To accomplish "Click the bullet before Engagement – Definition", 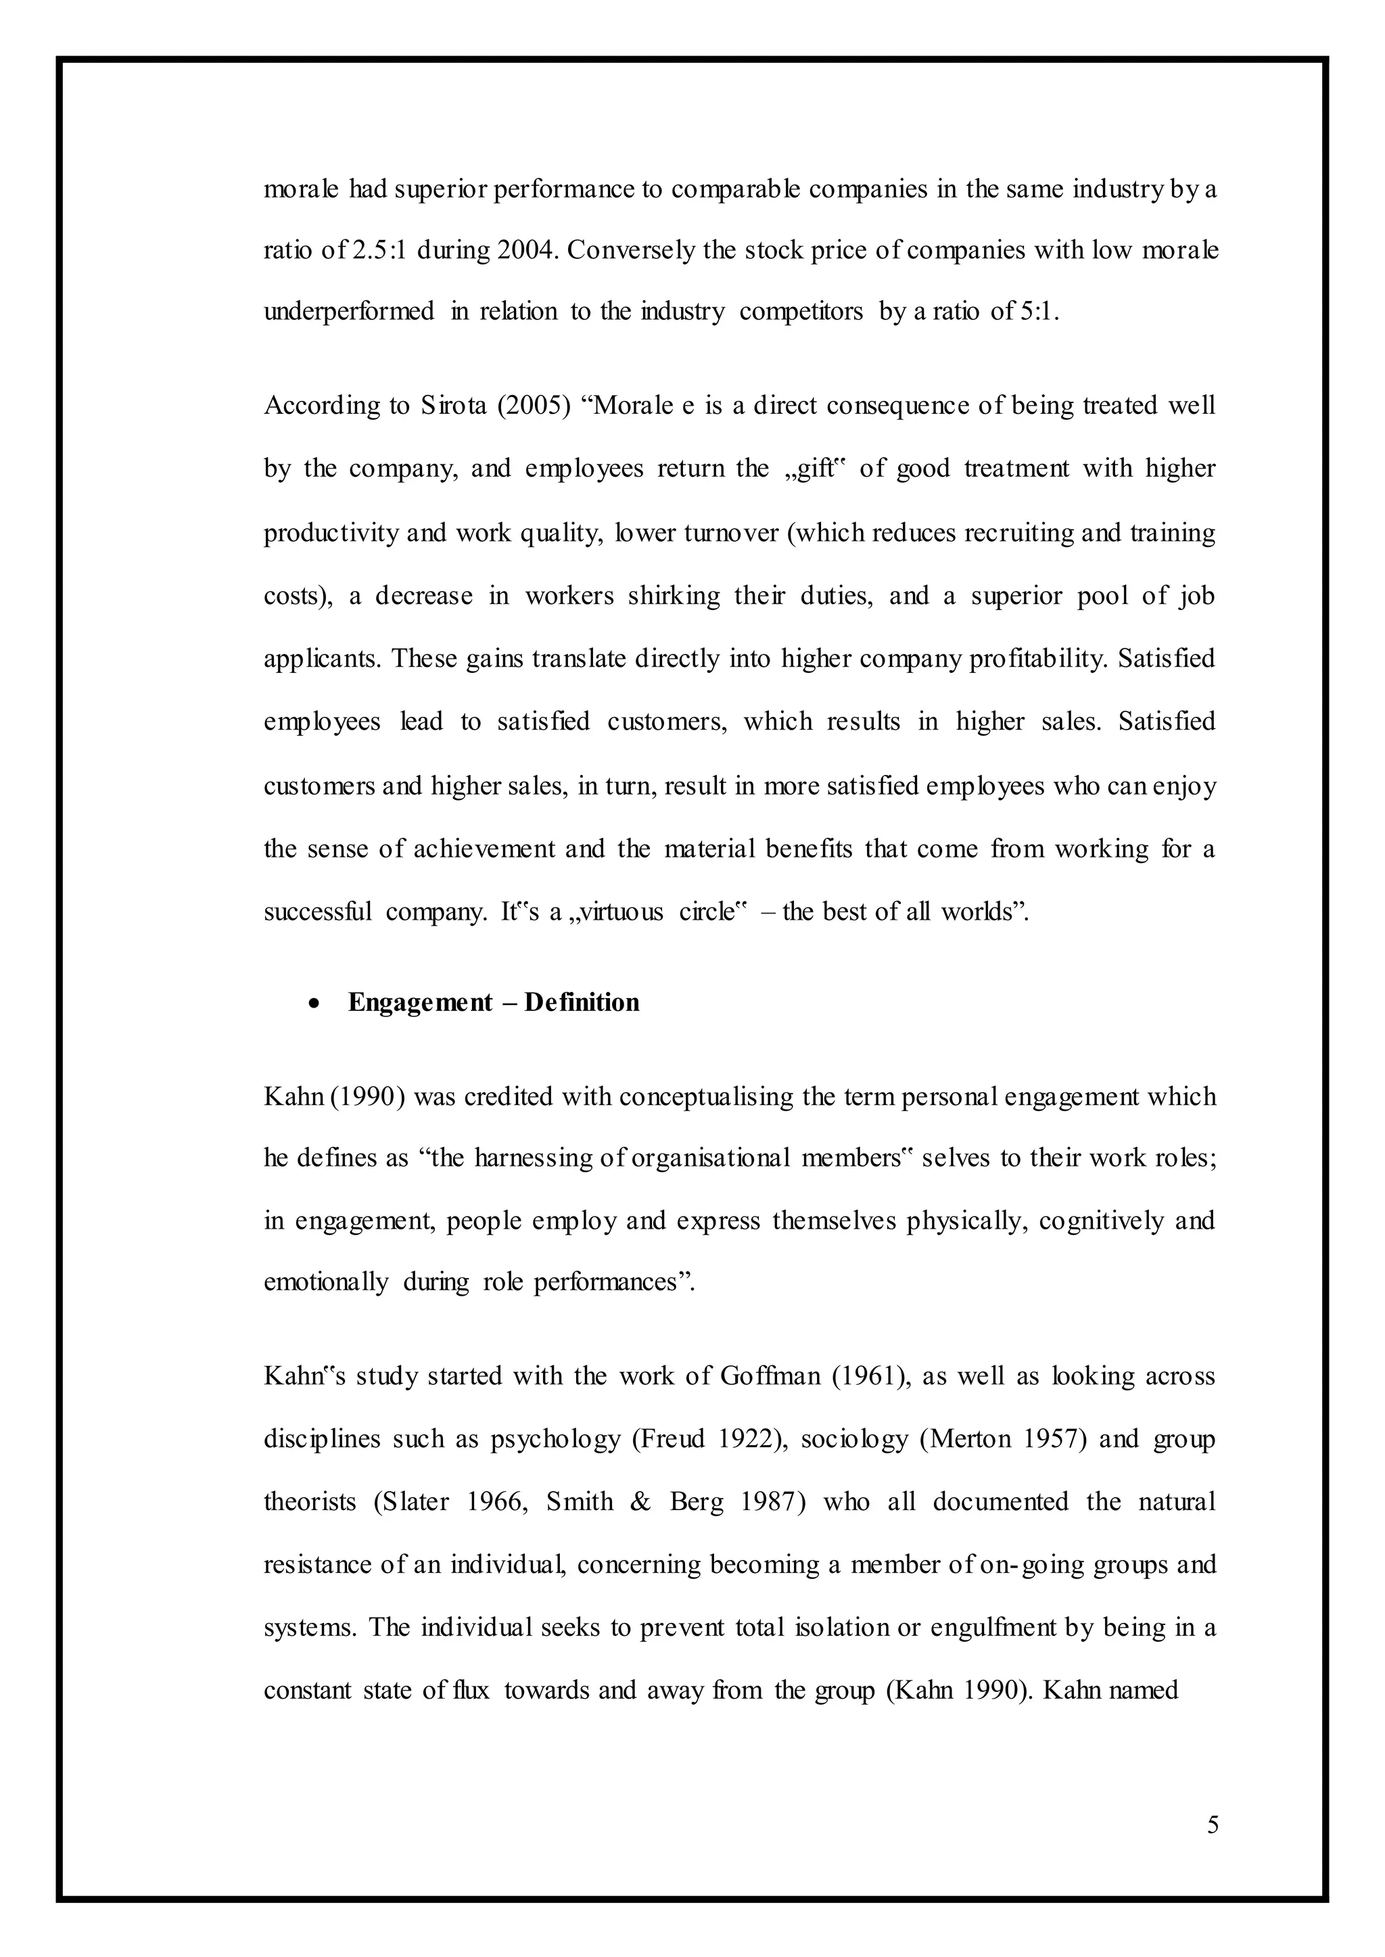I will tap(316, 1004).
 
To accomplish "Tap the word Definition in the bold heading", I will tap(582, 1002).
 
